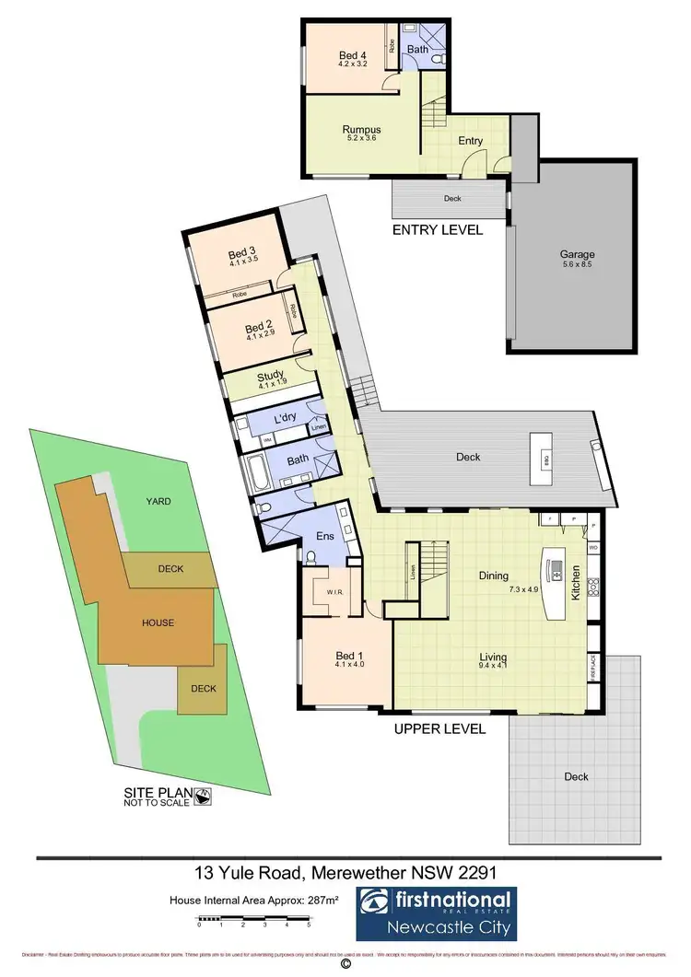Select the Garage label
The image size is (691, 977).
(x=578, y=254)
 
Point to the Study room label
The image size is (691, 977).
(x=270, y=376)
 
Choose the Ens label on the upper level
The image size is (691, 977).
(x=324, y=535)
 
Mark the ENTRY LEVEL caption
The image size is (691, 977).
(x=438, y=230)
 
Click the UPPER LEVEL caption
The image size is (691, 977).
(x=439, y=728)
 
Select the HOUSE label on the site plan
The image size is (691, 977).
(x=158, y=622)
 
